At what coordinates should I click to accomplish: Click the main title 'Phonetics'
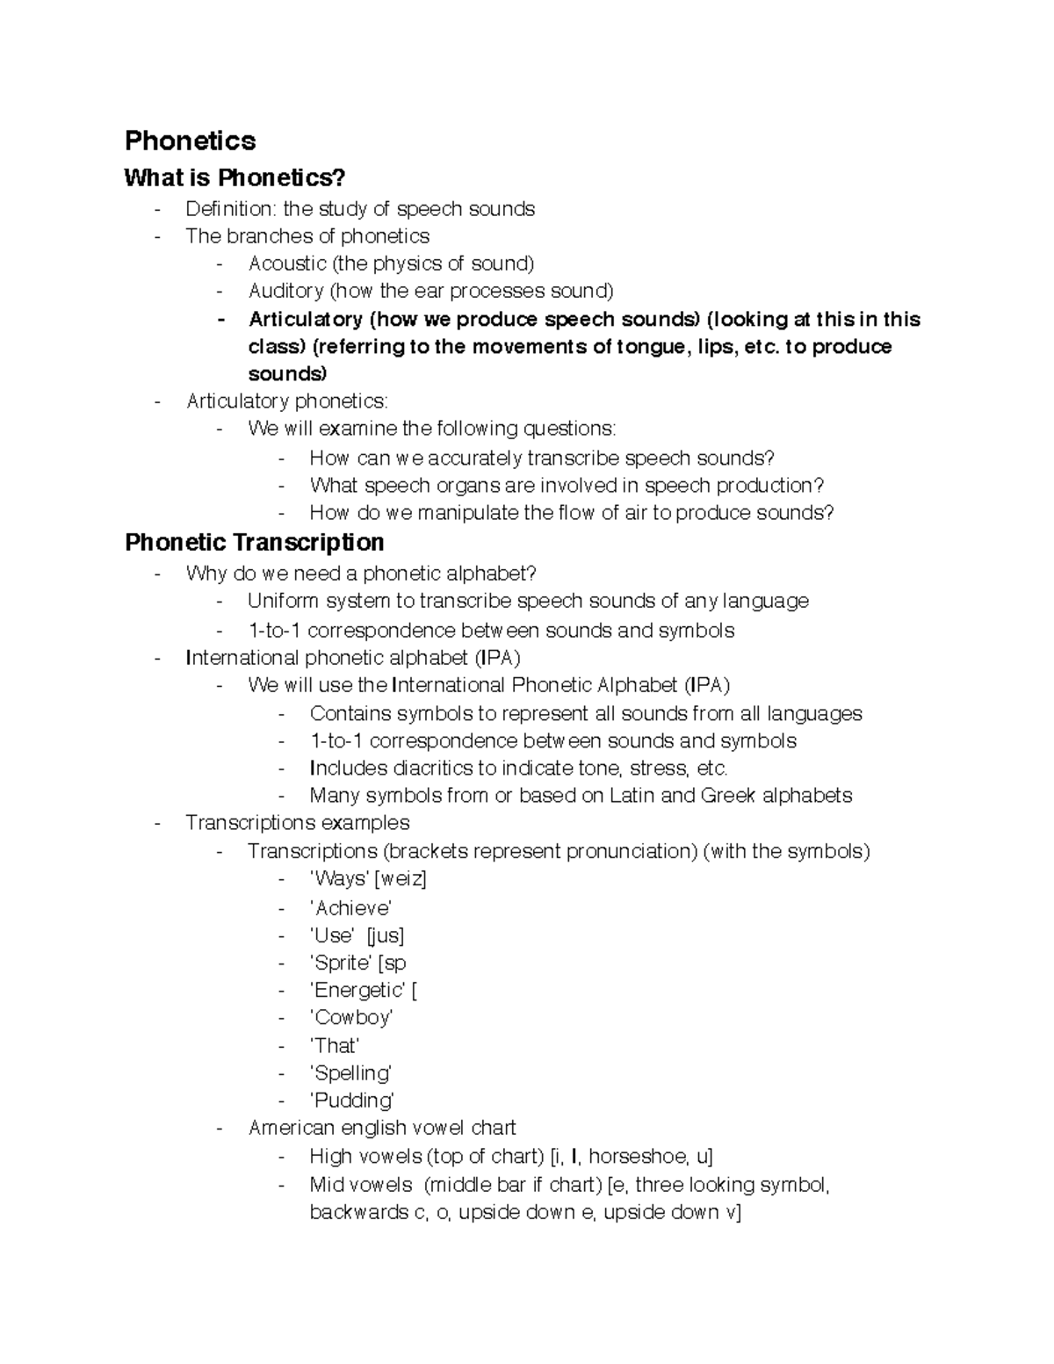coord(190,141)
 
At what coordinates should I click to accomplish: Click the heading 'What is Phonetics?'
coord(235,178)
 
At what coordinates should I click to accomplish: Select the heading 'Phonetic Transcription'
coord(254,542)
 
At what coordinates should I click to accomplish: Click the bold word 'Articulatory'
coord(305,319)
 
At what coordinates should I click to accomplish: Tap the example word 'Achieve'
coord(350,908)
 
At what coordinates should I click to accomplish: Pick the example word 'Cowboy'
coord(351,1017)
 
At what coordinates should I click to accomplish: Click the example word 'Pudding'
coord(352,1101)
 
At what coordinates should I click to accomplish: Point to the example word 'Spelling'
coord(350,1073)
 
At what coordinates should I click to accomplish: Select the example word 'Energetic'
coord(357,990)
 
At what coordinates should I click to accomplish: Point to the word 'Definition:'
coord(230,209)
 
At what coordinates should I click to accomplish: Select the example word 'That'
coord(335,1046)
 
